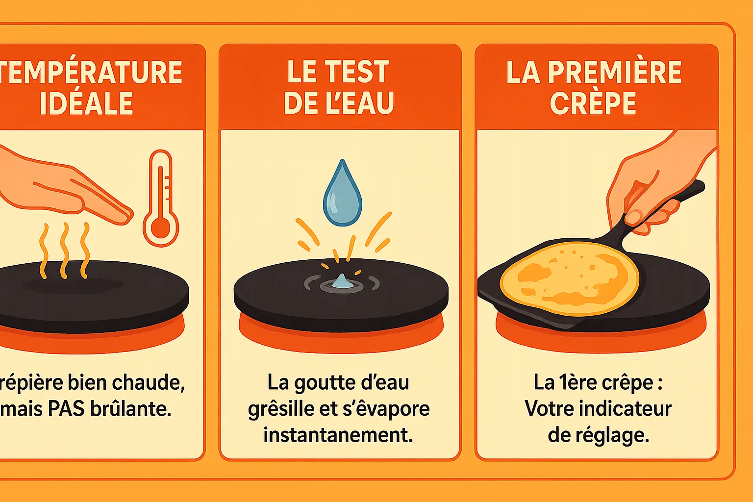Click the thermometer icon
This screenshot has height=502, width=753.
click(161, 199)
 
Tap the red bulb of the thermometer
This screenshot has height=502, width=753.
click(160, 227)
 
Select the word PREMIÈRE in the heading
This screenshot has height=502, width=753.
click(614, 73)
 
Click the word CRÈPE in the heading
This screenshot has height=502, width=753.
click(593, 103)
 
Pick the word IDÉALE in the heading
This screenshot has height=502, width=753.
click(87, 103)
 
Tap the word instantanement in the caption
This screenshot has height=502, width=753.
click(338, 435)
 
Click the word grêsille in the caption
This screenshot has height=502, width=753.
click(279, 409)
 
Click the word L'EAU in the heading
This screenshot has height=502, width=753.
click(357, 103)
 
